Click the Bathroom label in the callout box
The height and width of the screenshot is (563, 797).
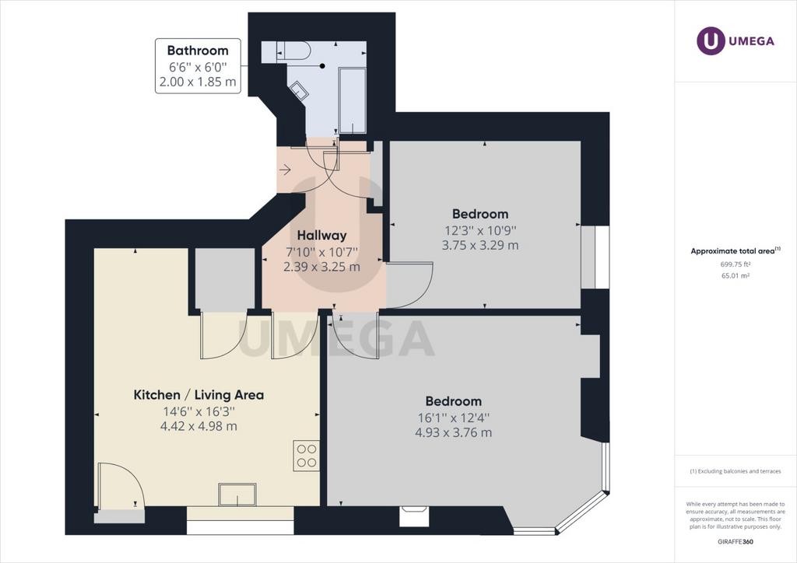coord(198,51)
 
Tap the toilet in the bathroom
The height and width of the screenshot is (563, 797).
coord(293,51)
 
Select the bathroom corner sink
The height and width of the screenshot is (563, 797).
coord(298,92)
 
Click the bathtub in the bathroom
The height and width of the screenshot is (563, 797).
coord(353,100)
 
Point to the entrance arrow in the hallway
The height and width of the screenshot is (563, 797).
coord(285,170)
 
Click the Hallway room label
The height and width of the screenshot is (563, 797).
coord(321,236)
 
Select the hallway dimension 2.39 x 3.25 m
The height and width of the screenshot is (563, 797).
coord(321,267)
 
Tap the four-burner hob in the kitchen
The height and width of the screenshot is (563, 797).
coord(307,456)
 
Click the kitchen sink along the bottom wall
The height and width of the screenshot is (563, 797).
coord(237,494)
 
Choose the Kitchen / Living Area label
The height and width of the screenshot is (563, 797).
coord(198,395)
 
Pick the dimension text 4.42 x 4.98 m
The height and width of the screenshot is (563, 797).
coord(198,426)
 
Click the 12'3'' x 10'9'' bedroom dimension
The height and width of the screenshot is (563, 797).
coord(480,230)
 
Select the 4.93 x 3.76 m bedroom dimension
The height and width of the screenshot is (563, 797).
coord(454,432)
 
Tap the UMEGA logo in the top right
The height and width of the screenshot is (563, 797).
coord(736,41)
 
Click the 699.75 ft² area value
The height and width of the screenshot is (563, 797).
coord(736,264)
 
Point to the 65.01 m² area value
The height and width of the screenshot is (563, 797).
coord(736,276)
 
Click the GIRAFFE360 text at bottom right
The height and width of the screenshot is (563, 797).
coord(736,542)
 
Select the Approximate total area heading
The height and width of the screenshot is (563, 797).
coord(736,251)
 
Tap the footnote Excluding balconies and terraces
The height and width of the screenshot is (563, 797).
coord(736,471)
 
